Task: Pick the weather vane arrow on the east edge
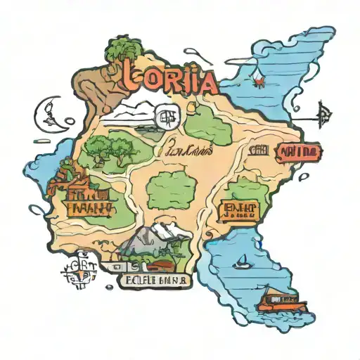point(324,113)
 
